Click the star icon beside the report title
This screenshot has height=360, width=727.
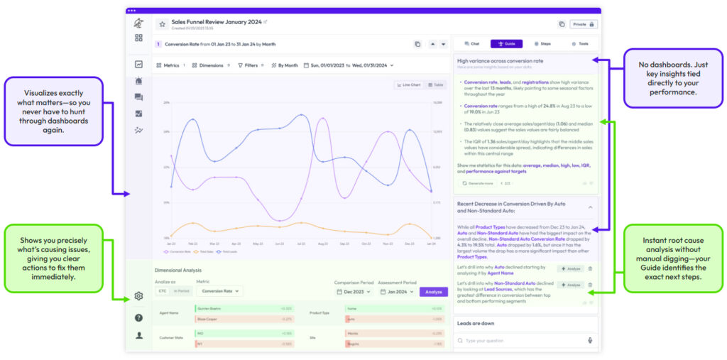coord(162,24)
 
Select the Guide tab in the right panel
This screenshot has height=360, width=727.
coord(506,44)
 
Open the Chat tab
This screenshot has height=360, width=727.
coord(471,44)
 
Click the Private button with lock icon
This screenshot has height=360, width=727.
coord(584,24)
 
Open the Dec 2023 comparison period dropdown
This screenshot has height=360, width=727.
coord(353,291)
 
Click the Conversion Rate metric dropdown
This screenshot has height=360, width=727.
coord(220,291)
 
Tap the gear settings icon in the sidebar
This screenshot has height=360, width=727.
coord(138,296)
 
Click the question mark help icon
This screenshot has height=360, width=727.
coord(138,317)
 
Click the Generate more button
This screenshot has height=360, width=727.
coord(478,183)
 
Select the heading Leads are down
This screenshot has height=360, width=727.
coord(476,323)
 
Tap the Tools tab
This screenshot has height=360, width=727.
coord(579,44)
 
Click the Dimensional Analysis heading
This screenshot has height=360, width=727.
coord(178,270)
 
